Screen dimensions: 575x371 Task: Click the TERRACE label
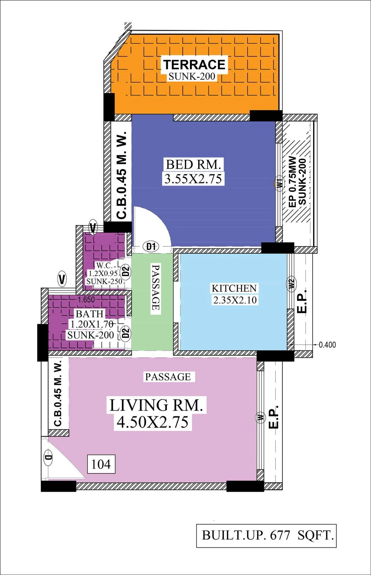coord(194,64)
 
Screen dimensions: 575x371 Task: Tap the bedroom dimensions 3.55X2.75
coord(193,179)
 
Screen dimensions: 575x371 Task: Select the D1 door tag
coord(151,246)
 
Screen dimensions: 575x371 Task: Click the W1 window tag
coord(279,183)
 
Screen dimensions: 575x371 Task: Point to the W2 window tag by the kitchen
coord(291,284)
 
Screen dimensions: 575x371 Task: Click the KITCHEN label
coord(234,288)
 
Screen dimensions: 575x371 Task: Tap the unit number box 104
coord(101,464)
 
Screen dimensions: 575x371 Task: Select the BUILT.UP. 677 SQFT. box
coord(266,536)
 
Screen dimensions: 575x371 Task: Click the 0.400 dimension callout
coord(327,345)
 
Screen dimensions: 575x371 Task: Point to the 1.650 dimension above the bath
coord(86,300)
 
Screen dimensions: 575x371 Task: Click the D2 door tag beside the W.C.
coord(125,271)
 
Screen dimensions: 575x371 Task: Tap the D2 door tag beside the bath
coord(125,333)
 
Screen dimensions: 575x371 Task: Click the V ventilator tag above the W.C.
coord(93,228)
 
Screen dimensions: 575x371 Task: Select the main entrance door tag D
coord(48,457)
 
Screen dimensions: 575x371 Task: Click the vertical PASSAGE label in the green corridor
coord(156,287)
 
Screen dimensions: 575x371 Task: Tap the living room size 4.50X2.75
coord(153,422)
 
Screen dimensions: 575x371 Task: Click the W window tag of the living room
coord(261,417)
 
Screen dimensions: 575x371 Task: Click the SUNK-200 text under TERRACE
coord(192,76)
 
